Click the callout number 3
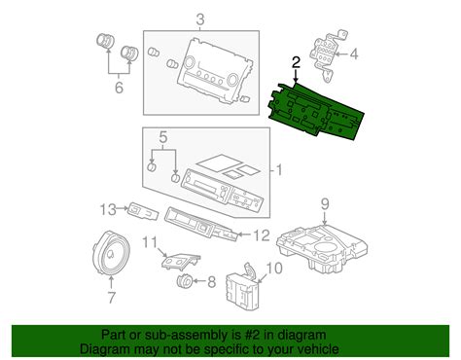pos(201,20)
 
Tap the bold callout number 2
pos(295,60)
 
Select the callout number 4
pos(353,54)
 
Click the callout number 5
pos(164,138)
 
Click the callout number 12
pos(260,234)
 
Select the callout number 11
pos(149,241)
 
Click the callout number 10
pos(273,269)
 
